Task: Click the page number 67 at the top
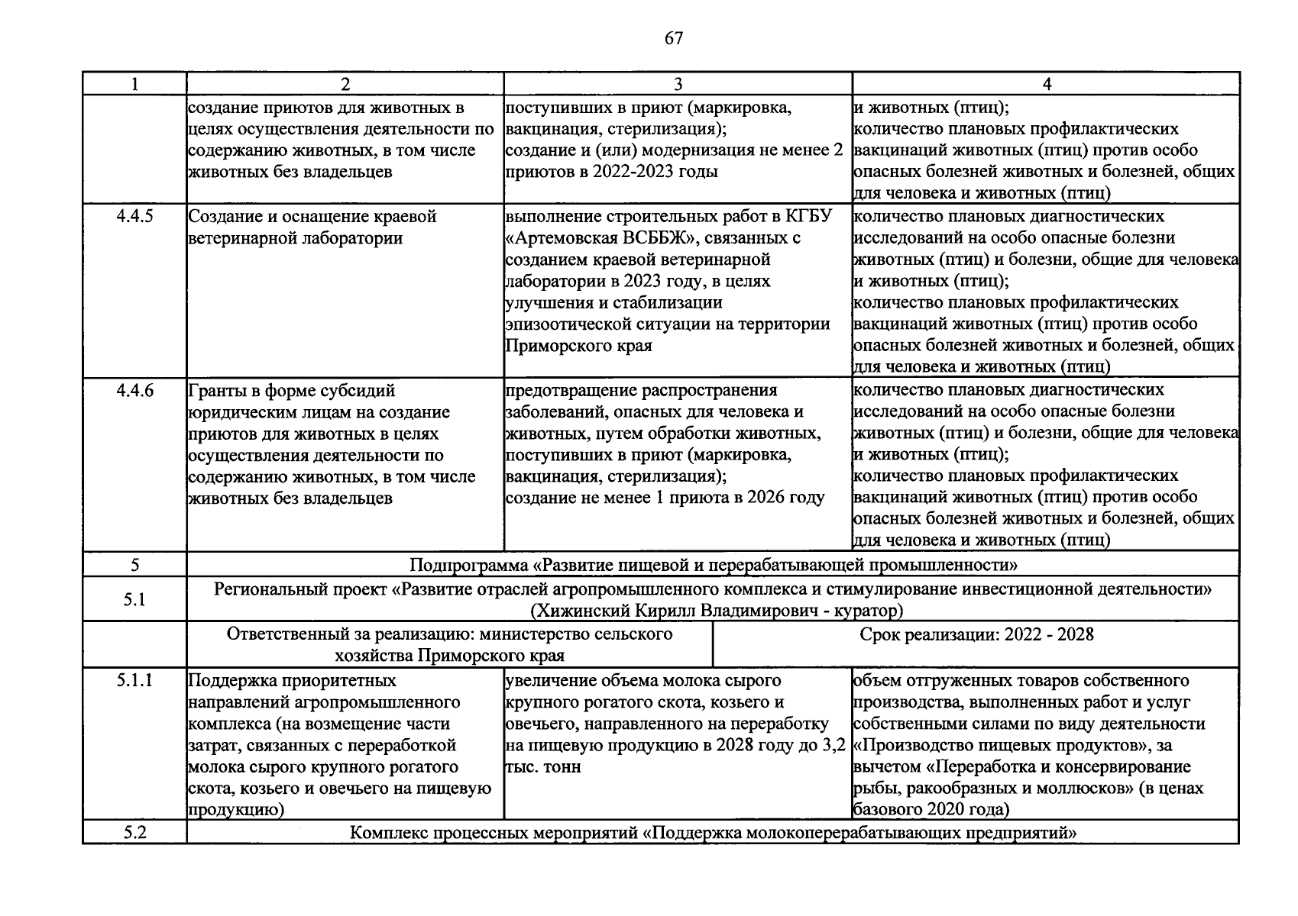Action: pyautogui.click(x=673, y=38)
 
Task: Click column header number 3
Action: pyautogui.click(x=678, y=85)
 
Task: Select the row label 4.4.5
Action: pyautogui.click(x=134, y=216)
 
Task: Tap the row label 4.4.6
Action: pyautogui.click(x=134, y=390)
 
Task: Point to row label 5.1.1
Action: pyautogui.click(x=134, y=679)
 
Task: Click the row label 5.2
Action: pyautogui.click(x=134, y=832)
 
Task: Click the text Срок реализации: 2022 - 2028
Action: pyautogui.click(x=976, y=634)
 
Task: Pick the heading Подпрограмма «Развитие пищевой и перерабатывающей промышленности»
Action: pyautogui.click(x=713, y=566)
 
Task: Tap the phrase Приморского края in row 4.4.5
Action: pyautogui.click(x=578, y=346)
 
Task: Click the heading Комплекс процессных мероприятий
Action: pyautogui.click(x=494, y=833)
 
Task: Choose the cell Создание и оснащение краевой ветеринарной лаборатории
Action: pyautogui.click(x=312, y=227)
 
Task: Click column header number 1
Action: pyautogui.click(x=134, y=85)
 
